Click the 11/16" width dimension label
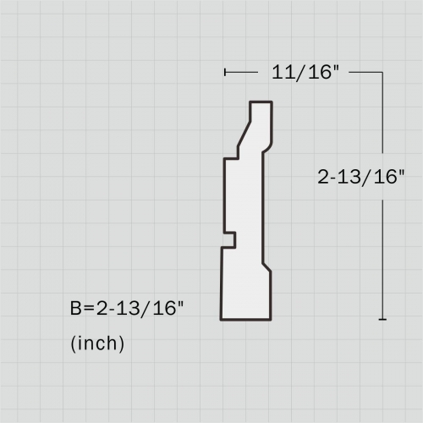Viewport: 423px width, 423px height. [305, 73]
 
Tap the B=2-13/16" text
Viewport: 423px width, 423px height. [127, 309]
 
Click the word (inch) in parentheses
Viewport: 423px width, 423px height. [97, 343]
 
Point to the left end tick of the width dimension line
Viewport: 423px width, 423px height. [225, 73]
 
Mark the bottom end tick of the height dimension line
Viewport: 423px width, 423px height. [383, 319]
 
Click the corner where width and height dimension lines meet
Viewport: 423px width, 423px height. [383, 73]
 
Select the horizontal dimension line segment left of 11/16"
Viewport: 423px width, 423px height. [244, 73]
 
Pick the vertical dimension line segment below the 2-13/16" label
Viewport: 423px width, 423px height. [383, 254]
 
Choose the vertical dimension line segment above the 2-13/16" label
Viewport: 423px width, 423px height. [383, 118]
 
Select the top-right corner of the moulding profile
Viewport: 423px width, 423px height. [272, 102]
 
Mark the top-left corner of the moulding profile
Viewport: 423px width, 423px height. [250, 102]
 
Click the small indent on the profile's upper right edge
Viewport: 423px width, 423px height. [268, 145]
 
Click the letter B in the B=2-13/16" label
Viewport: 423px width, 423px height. [76, 309]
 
